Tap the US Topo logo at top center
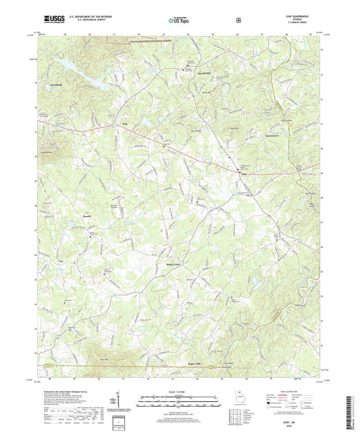[180, 20]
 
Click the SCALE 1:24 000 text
[180, 391]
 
